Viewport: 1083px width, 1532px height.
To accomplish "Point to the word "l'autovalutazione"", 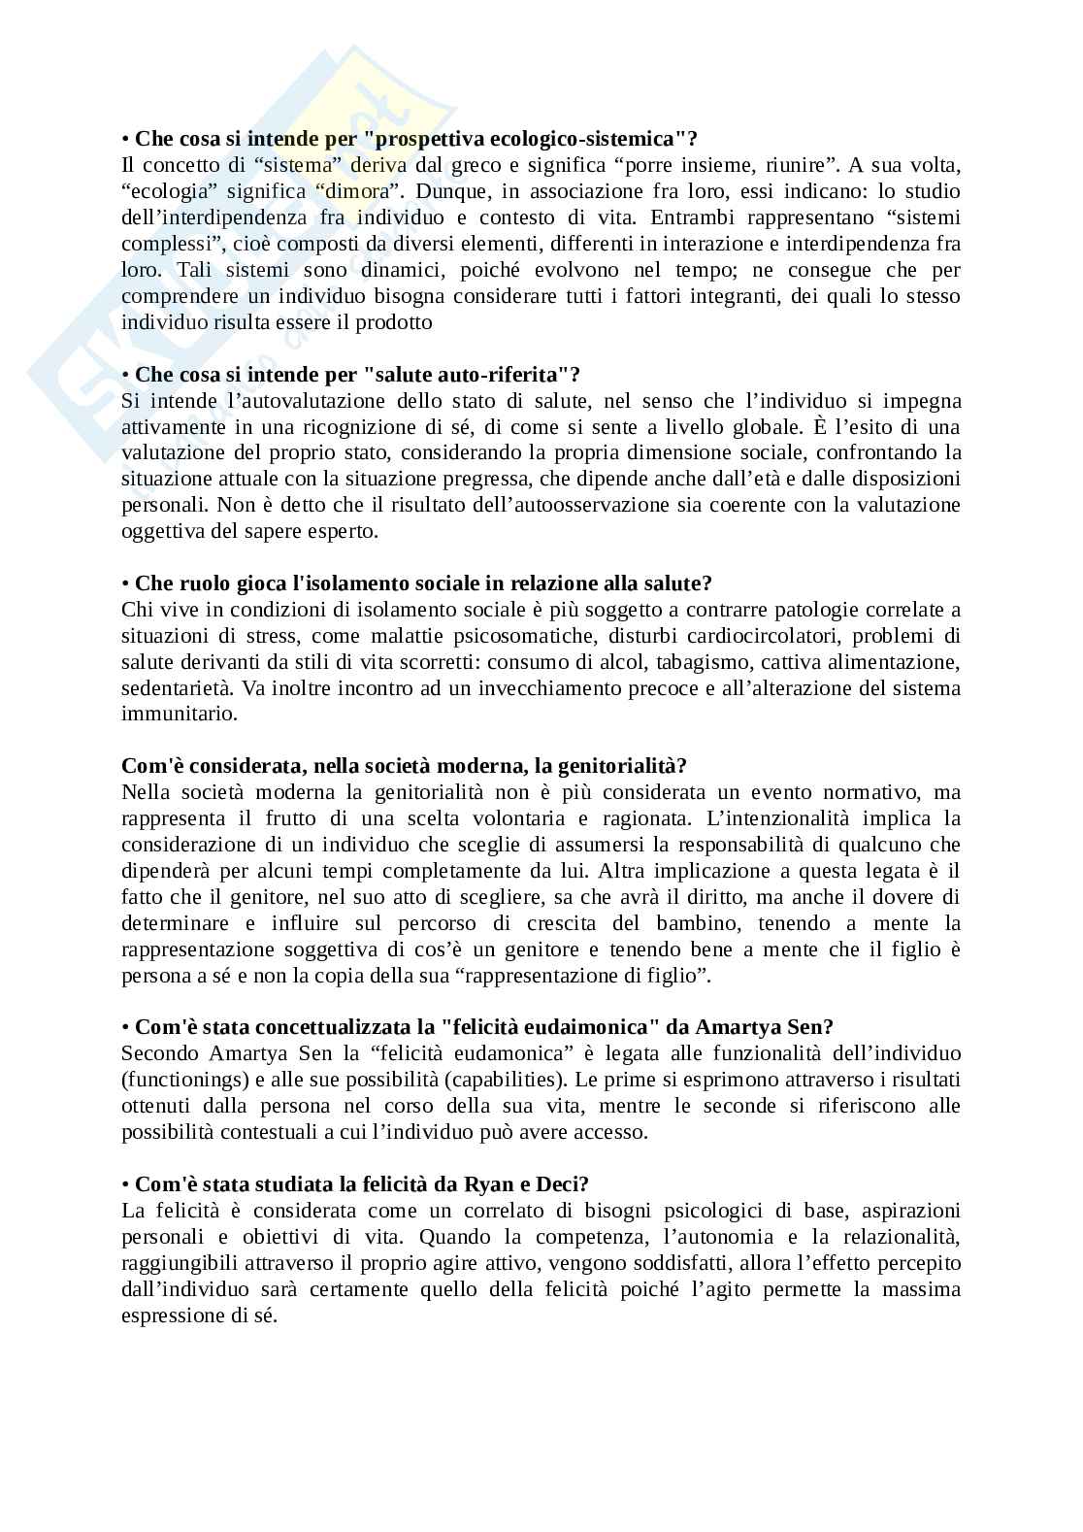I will pos(267,401).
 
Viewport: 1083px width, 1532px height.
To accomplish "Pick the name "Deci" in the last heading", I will pos(557,1184).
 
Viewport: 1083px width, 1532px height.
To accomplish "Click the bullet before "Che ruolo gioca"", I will pos(126,584).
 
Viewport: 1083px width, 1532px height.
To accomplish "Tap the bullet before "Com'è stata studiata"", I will pos(126,1185).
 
